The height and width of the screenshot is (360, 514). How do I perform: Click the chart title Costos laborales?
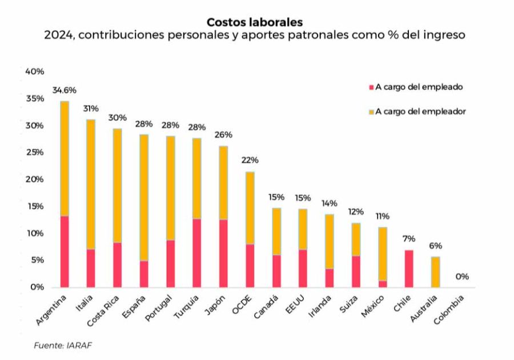point(255,22)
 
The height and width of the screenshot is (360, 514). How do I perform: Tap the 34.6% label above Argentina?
point(64,90)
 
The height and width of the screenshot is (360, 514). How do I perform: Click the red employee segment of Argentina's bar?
point(64,251)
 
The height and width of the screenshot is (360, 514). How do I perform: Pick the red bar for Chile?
point(409,269)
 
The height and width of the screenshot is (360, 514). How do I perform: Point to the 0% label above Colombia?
point(462,277)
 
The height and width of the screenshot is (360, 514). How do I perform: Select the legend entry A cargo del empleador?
point(420,111)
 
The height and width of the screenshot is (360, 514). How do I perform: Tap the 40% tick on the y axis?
point(34,71)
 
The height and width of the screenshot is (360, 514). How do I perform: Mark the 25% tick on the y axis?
point(34,153)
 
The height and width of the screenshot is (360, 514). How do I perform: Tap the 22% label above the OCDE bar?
point(250,160)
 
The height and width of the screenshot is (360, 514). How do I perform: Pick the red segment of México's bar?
point(383,284)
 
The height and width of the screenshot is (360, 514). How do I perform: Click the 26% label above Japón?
point(223,135)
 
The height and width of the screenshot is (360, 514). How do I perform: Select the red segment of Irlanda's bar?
point(330,278)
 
